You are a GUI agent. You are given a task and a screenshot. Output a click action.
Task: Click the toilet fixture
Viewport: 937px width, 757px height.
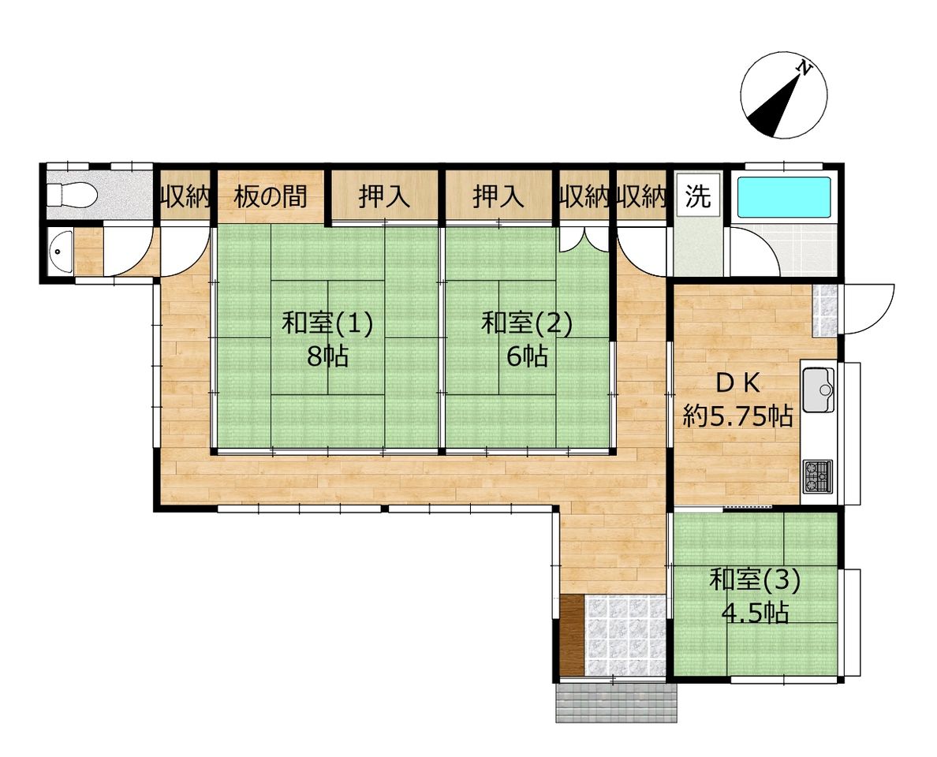tap(73, 193)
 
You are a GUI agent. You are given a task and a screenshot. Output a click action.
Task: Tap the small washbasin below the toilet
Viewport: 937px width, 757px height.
tap(61, 252)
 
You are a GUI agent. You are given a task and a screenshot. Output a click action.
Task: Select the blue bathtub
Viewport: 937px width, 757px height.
tap(783, 197)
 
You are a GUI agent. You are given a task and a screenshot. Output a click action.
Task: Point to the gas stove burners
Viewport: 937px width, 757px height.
tap(817, 476)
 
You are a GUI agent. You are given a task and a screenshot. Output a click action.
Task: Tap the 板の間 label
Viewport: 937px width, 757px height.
tap(270, 196)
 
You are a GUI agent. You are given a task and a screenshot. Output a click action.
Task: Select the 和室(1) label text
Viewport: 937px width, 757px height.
tap(327, 324)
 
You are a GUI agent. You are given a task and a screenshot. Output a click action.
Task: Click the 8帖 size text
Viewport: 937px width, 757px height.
tap(327, 356)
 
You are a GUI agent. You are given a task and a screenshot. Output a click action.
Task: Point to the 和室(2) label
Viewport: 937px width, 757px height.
tap(527, 324)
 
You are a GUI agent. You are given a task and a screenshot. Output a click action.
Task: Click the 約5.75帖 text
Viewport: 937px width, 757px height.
tap(738, 416)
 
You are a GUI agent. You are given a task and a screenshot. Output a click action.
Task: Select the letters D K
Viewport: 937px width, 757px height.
tap(737, 383)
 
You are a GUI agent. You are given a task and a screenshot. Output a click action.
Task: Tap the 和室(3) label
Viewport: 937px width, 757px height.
tap(755, 580)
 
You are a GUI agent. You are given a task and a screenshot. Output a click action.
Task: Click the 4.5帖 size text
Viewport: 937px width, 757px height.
tap(755, 613)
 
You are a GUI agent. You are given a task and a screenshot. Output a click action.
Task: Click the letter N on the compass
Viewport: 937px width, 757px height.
tap(805, 68)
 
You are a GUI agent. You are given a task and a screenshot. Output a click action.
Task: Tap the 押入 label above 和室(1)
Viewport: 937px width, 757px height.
tap(384, 196)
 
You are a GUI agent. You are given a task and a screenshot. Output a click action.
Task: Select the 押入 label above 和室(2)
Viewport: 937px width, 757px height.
tap(498, 196)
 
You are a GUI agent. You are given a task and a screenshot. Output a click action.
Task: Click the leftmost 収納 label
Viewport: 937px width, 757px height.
tap(185, 196)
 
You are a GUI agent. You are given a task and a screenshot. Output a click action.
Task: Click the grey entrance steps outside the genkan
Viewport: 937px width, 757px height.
tap(617, 703)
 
